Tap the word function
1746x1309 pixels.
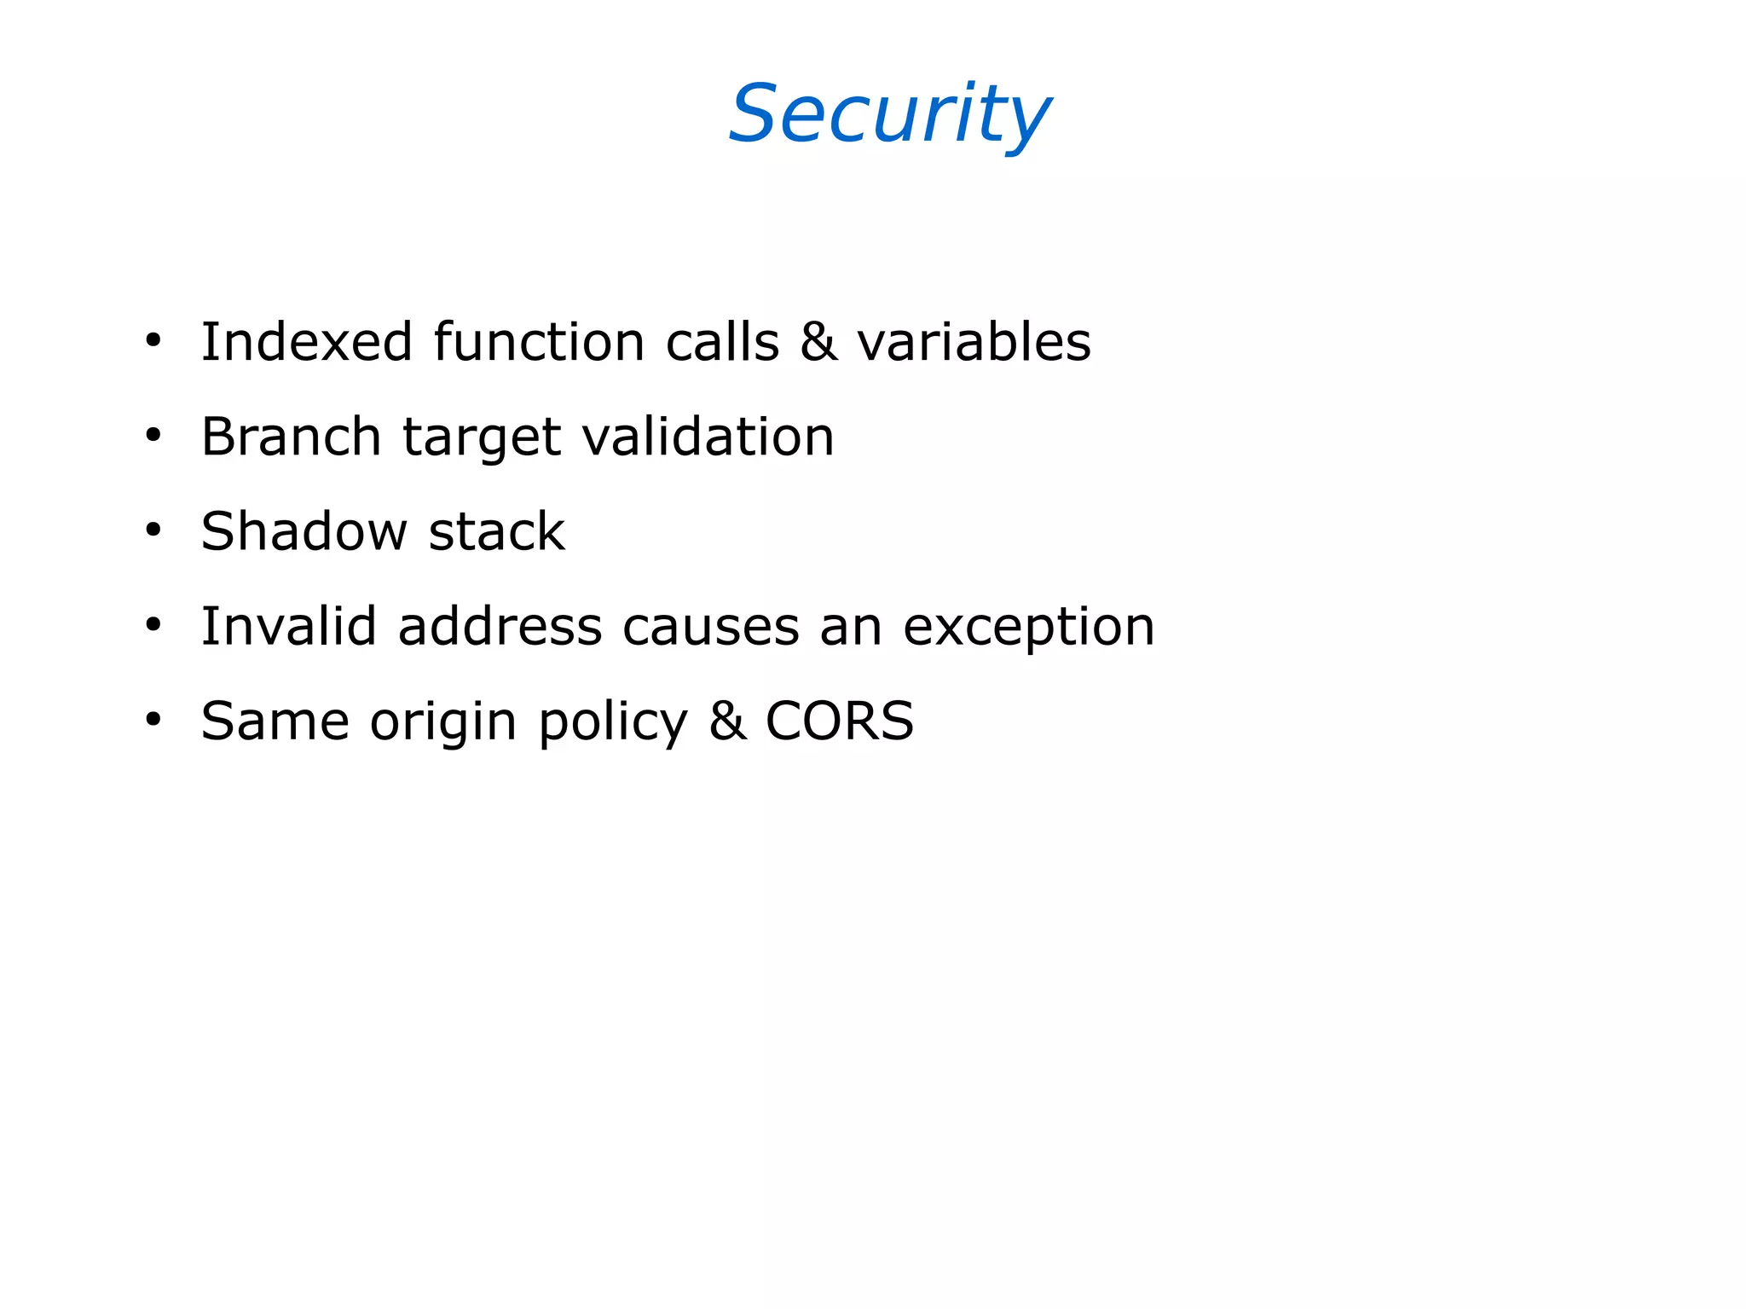click(539, 342)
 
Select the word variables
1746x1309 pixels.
click(974, 342)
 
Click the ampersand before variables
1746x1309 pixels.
click(818, 342)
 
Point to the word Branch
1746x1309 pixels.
click(291, 437)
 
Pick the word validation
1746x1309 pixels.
click(708, 437)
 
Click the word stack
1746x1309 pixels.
click(496, 531)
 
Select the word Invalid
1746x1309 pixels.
click(288, 626)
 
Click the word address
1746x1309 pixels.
click(500, 626)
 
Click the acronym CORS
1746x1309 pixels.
click(839, 721)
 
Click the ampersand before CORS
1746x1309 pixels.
click(727, 721)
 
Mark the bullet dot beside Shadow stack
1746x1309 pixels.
click(153, 530)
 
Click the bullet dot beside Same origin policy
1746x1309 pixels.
click(153, 721)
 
